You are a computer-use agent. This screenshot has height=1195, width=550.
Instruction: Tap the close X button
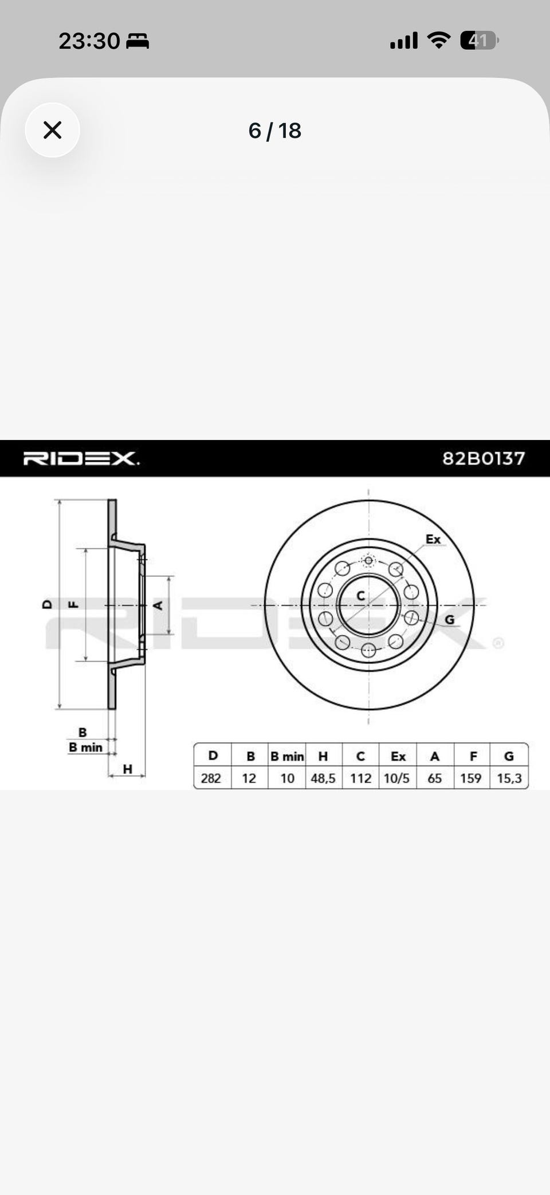pyautogui.click(x=52, y=130)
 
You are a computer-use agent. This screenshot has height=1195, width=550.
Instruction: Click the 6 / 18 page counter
pyautogui.click(x=274, y=131)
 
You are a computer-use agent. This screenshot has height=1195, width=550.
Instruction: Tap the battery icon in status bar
pyautogui.click(x=480, y=41)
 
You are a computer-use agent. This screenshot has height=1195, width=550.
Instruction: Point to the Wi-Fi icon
pyautogui.click(x=439, y=40)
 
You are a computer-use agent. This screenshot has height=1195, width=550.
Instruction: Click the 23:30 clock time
pyautogui.click(x=89, y=41)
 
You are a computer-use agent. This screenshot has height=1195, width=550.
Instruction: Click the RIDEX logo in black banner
pyautogui.click(x=81, y=458)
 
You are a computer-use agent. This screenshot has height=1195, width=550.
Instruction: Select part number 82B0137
pyautogui.click(x=484, y=458)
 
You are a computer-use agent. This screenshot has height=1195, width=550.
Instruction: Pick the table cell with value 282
pyautogui.click(x=211, y=778)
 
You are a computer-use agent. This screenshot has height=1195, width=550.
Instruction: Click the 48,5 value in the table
pyautogui.click(x=323, y=778)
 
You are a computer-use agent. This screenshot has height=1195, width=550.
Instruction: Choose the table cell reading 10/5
pyautogui.click(x=397, y=778)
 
